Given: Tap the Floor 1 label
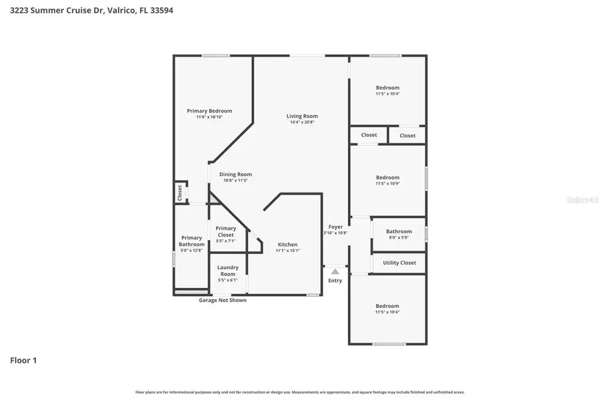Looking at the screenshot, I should (x=23, y=361).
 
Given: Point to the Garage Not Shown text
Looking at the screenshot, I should (x=223, y=300).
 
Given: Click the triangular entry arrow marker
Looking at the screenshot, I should (x=335, y=271).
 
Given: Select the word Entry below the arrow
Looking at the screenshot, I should (x=335, y=281).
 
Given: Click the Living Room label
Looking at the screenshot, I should (x=302, y=116).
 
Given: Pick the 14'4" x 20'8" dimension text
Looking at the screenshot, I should (x=302, y=123).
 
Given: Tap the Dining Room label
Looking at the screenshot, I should (x=235, y=174).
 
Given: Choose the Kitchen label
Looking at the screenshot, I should (x=287, y=244).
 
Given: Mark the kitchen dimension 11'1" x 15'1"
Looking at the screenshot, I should (x=287, y=251).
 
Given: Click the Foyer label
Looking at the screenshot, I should (x=335, y=227).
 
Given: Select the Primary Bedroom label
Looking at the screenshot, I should (x=209, y=111).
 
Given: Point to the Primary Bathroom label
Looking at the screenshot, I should (x=191, y=241).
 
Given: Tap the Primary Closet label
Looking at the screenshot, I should (x=225, y=231).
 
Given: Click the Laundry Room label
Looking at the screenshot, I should (x=227, y=271).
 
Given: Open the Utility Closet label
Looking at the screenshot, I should (x=399, y=263).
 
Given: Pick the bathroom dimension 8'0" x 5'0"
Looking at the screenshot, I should (x=399, y=237).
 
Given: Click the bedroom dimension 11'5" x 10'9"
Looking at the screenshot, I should (x=387, y=184).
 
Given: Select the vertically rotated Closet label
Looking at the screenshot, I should (x=180, y=192).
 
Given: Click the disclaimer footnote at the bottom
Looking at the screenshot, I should (x=300, y=392).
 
